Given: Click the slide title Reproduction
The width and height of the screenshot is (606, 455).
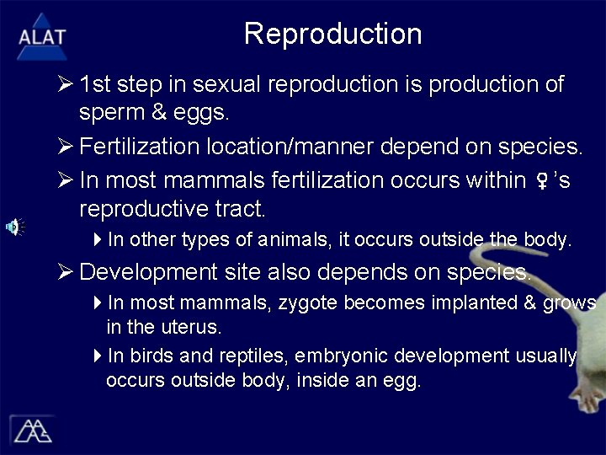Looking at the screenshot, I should [332, 34].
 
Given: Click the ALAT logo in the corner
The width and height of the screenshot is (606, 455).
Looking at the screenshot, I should [41, 36].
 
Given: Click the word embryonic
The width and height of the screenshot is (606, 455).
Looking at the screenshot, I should [340, 357].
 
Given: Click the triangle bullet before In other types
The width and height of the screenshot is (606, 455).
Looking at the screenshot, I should [98, 240].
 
